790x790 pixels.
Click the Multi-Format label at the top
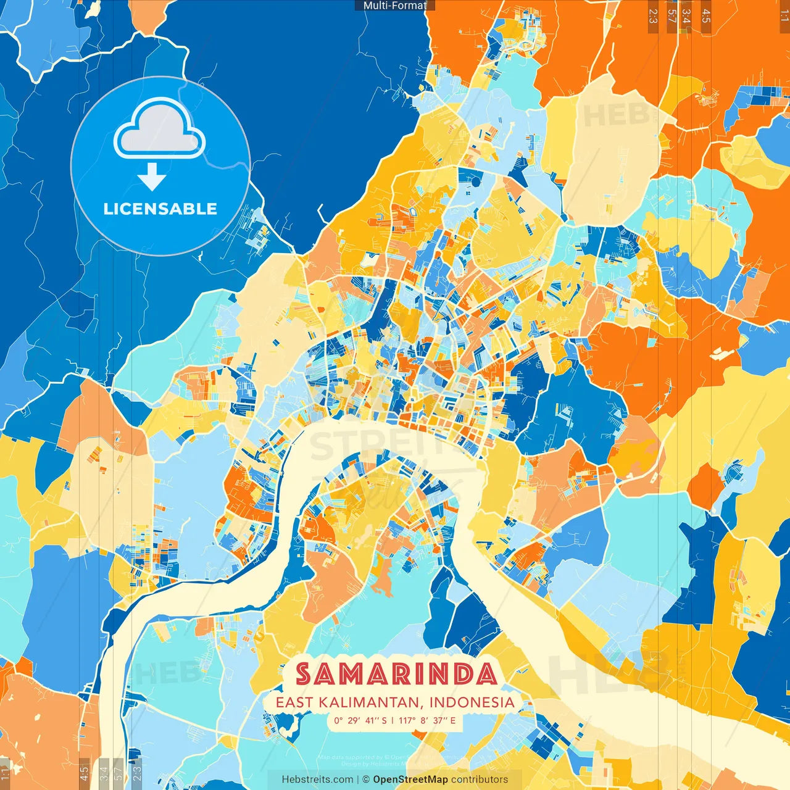pos(395,6)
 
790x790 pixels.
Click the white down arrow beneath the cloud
pos(151,178)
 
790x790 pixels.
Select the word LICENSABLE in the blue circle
pos(160,209)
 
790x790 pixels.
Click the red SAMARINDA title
pos(396,674)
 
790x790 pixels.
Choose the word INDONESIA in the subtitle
pos(472,702)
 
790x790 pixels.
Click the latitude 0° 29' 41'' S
pos(360,720)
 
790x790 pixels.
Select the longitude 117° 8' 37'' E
pos(427,720)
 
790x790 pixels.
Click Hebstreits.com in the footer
pos(317,780)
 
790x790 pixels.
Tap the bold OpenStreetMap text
pos(410,780)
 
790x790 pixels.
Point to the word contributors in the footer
pos(480,780)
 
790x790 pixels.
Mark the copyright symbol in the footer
pos(365,780)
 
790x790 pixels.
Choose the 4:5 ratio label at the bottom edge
pos(84,773)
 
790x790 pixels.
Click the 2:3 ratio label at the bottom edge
pos(137,773)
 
